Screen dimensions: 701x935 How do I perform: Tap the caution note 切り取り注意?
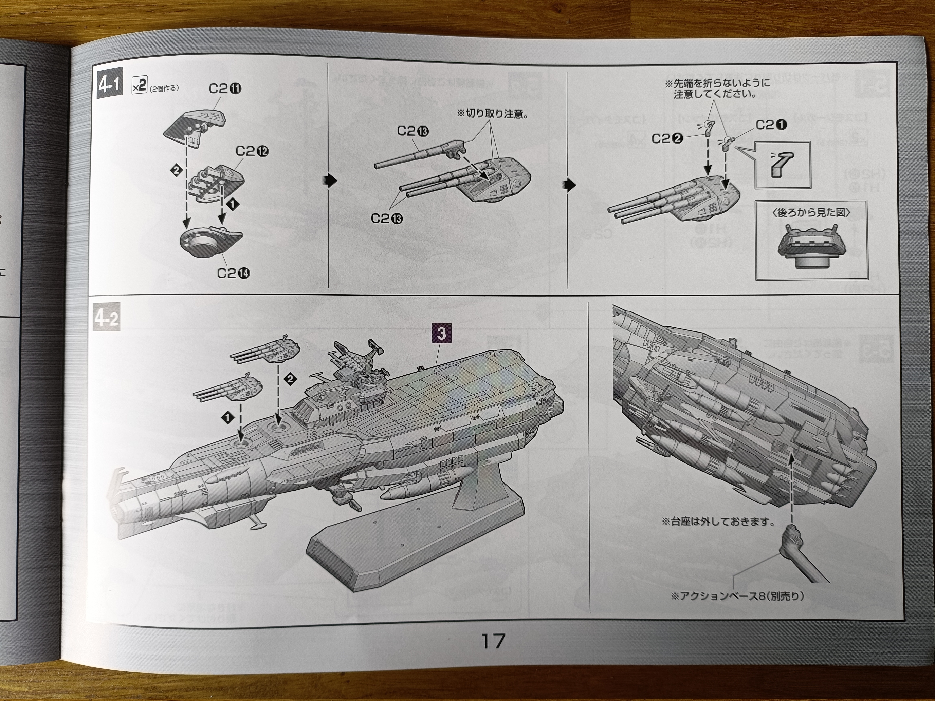click(x=492, y=115)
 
